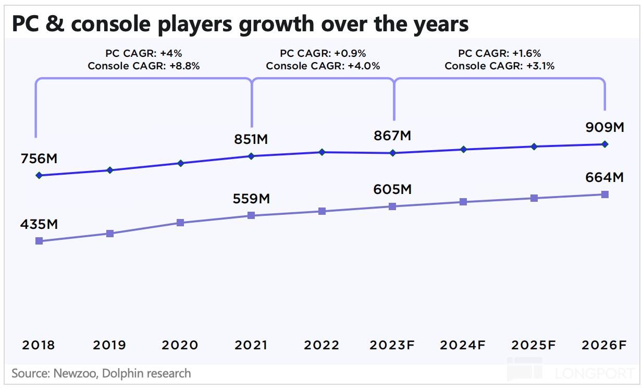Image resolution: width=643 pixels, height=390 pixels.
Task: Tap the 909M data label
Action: (604, 128)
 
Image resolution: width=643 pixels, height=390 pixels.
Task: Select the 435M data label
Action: (39, 225)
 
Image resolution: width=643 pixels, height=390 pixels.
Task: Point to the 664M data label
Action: (604, 178)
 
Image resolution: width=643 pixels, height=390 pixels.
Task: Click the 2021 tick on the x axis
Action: (251, 345)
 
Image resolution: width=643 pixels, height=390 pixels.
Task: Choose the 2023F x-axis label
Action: (393, 345)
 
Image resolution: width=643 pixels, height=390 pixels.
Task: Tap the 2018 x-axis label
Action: (39, 345)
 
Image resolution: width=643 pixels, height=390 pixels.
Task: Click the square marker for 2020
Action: (180, 223)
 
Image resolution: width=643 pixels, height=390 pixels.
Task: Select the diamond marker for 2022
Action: (322, 152)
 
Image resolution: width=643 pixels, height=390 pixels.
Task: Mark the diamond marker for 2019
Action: (109, 170)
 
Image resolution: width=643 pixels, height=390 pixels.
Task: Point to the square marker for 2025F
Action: (534, 198)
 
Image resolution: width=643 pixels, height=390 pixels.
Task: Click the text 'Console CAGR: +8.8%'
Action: (144, 66)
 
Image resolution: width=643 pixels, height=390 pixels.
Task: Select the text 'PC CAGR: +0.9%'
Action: (323, 53)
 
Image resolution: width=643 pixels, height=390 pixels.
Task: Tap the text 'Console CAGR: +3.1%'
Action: (500, 66)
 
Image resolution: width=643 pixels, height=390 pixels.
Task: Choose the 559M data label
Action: (251, 199)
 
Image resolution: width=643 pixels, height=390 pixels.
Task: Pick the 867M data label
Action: (392, 136)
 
